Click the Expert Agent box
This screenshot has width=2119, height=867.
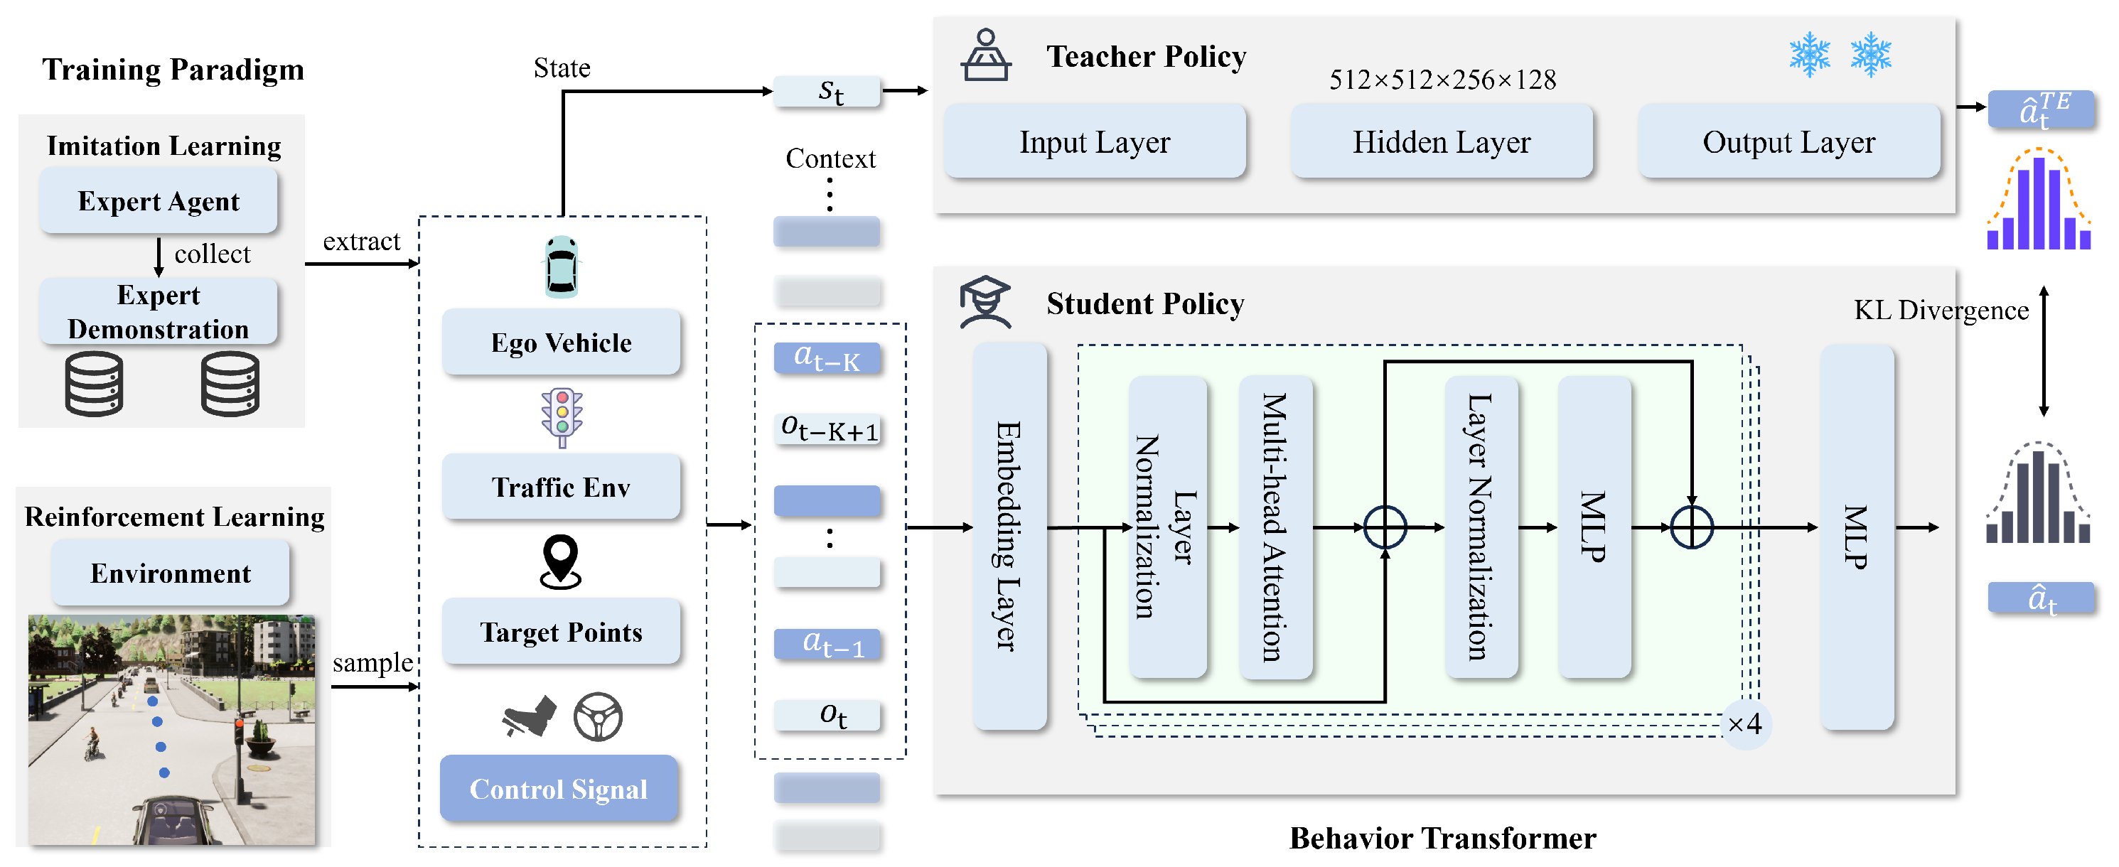pyautogui.click(x=158, y=200)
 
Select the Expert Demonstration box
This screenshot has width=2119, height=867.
pyautogui.click(x=158, y=311)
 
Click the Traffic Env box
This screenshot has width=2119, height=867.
pyautogui.click(x=561, y=487)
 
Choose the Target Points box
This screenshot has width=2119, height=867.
pyautogui.click(x=561, y=632)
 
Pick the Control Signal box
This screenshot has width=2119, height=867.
pyautogui.click(x=559, y=789)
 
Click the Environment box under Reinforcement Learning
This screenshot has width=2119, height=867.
pyautogui.click(x=171, y=573)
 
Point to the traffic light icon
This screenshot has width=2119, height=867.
pyautogui.click(x=562, y=418)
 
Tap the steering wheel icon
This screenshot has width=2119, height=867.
pyautogui.click(x=598, y=716)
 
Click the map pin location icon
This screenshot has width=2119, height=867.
pyautogui.click(x=561, y=562)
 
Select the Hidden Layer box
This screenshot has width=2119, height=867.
pyautogui.click(x=1441, y=141)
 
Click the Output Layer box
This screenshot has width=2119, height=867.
pyautogui.click(x=1789, y=141)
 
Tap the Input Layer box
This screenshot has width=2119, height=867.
pyautogui.click(x=1095, y=141)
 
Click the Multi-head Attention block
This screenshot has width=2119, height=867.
pyautogui.click(x=1275, y=527)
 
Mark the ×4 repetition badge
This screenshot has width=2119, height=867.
pyautogui.click(x=1744, y=725)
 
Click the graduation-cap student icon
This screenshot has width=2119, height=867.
pyautogui.click(x=985, y=302)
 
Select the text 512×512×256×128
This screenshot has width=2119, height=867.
pyautogui.click(x=1442, y=80)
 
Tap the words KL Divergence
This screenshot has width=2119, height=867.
pyautogui.click(x=1941, y=310)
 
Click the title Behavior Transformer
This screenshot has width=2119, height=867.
pyautogui.click(x=1442, y=838)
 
